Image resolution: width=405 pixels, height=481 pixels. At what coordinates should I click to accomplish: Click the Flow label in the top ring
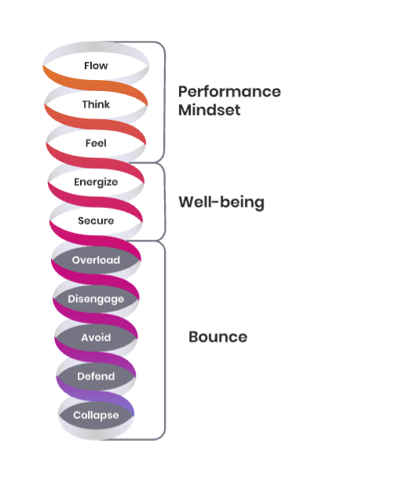(x=96, y=66)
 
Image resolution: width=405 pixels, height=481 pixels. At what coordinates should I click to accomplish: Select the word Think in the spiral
(x=96, y=104)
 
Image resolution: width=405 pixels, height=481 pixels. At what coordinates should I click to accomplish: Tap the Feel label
(x=96, y=143)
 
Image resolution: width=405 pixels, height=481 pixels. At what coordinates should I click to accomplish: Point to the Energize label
(x=96, y=182)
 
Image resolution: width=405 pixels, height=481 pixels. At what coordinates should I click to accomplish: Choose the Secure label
(x=96, y=220)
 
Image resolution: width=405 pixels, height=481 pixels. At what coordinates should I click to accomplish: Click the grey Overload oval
(x=96, y=260)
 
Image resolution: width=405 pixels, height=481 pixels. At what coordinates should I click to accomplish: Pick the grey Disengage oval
(x=96, y=299)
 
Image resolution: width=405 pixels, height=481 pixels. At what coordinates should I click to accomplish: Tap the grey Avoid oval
(x=96, y=337)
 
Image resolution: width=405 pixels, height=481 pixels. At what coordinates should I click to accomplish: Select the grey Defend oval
(x=96, y=377)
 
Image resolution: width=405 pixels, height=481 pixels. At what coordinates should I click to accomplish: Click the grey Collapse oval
(x=96, y=415)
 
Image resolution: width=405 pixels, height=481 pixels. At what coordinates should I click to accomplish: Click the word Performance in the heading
(x=229, y=92)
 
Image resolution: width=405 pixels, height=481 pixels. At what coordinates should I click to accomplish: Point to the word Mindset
(x=210, y=110)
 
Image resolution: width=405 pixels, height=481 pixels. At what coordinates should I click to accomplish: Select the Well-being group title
(x=221, y=202)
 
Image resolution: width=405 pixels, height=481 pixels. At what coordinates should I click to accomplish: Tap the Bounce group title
(x=218, y=337)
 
